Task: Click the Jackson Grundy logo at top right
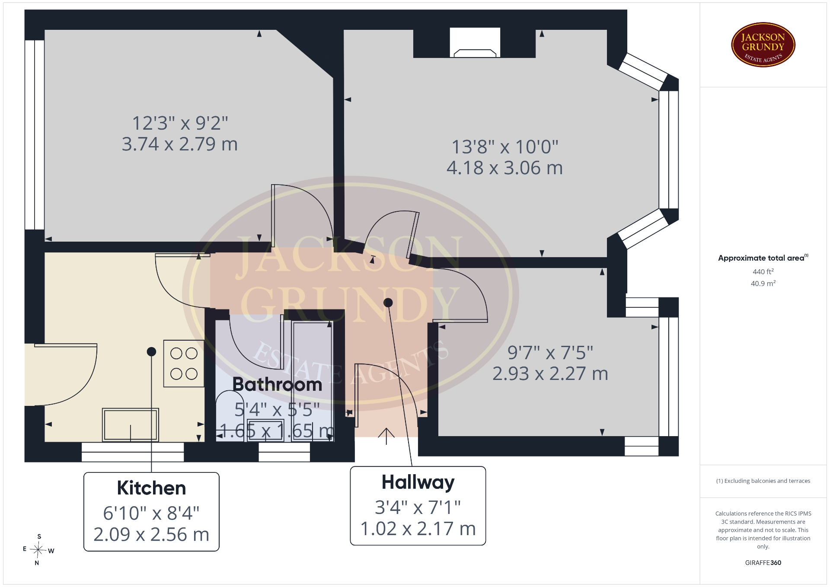(x=763, y=45)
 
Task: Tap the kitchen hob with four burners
(x=184, y=364)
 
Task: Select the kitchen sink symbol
(x=131, y=425)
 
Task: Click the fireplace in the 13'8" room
(x=475, y=43)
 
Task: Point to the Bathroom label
(x=278, y=384)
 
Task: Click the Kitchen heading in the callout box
(x=151, y=488)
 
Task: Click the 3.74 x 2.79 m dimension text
(x=180, y=144)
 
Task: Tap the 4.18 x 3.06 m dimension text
(x=505, y=168)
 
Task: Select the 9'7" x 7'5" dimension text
(x=550, y=353)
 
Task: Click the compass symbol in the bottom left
(x=38, y=550)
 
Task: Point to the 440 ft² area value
(x=763, y=271)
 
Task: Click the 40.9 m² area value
(x=763, y=284)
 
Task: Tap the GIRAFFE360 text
(x=763, y=562)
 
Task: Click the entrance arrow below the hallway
(x=386, y=436)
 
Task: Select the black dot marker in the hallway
(x=388, y=303)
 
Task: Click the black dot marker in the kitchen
(x=151, y=351)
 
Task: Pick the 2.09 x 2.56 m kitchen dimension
(x=151, y=535)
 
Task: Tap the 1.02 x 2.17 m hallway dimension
(x=418, y=529)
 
